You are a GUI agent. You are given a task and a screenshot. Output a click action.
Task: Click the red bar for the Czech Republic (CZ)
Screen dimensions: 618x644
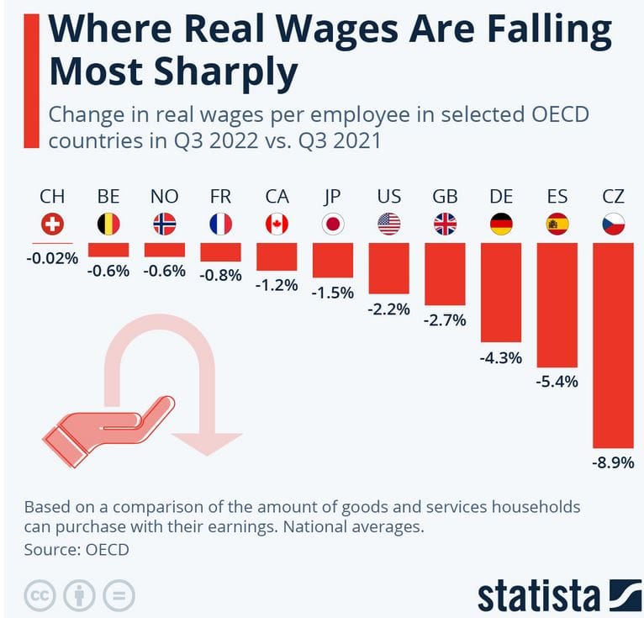tap(613, 345)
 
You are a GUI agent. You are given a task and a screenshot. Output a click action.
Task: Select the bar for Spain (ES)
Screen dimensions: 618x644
tap(557, 306)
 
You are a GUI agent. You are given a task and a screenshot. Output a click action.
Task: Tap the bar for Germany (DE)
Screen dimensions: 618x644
tap(501, 292)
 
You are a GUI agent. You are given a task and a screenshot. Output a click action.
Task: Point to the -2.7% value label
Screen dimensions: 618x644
tap(445, 321)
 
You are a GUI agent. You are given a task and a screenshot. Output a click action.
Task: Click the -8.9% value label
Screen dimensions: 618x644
tap(613, 462)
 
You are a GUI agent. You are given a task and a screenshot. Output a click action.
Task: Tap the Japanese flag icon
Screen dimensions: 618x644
tap(333, 224)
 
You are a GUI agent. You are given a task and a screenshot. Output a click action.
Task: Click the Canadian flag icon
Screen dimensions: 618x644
tap(277, 224)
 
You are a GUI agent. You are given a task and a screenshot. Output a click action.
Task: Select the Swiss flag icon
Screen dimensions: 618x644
tap(52, 224)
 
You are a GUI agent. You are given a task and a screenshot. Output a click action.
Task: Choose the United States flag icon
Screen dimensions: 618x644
tap(388, 224)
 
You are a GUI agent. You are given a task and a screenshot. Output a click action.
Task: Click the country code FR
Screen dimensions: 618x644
tap(220, 197)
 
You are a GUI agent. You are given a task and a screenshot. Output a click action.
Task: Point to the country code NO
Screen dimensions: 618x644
tap(164, 197)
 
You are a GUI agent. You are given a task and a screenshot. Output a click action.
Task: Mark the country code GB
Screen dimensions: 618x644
tap(445, 197)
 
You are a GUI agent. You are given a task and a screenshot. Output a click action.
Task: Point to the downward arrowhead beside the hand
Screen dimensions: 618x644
tap(206, 442)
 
